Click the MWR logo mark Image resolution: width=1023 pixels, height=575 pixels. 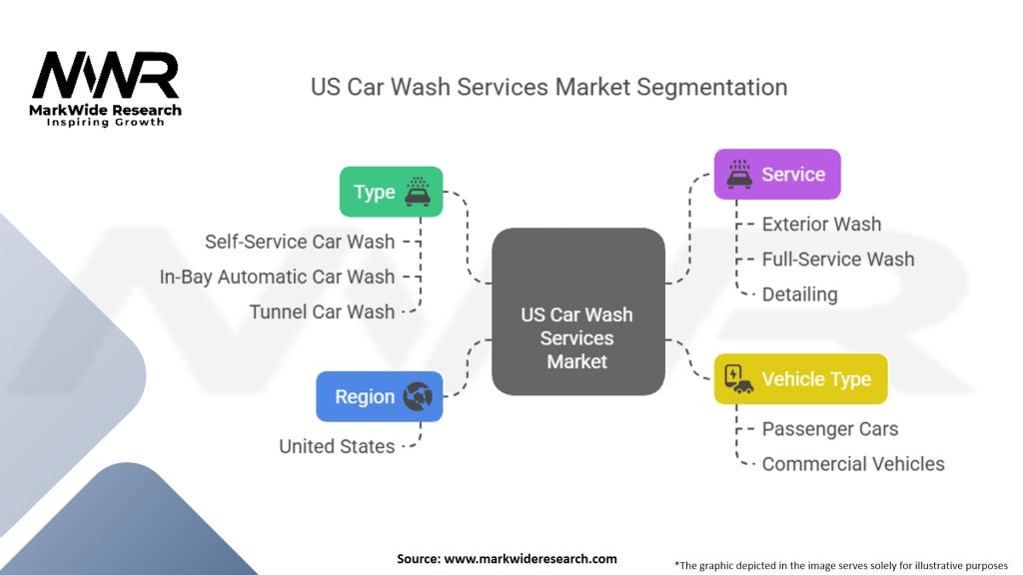click(x=105, y=75)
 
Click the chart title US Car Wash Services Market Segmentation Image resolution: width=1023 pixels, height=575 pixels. click(x=548, y=87)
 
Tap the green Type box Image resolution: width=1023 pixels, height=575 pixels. click(x=391, y=192)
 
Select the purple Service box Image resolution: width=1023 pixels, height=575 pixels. click(x=777, y=174)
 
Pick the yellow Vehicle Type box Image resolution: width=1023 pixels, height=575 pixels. click(x=800, y=379)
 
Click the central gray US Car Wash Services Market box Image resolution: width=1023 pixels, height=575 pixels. click(x=577, y=310)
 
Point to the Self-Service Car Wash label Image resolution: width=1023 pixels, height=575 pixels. click(x=300, y=242)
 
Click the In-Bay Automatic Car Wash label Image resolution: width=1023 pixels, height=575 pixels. click(x=277, y=277)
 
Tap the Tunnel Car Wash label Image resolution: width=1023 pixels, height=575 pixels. click(x=322, y=311)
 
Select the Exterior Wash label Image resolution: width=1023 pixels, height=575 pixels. click(x=821, y=225)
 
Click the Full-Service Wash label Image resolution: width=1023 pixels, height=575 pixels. click(x=837, y=260)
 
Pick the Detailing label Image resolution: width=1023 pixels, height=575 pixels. click(x=799, y=294)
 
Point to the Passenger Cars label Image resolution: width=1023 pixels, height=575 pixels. click(x=829, y=429)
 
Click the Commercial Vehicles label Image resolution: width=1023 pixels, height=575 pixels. click(x=852, y=464)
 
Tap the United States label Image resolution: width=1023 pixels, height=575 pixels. click(x=337, y=446)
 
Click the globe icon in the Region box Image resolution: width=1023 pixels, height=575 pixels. click(x=417, y=396)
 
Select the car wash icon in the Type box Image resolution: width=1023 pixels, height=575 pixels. click(x=418, y=191)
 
